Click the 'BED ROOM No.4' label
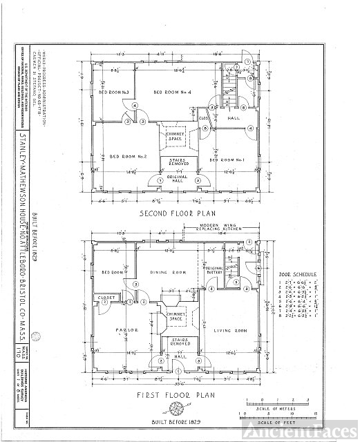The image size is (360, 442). [172, 93]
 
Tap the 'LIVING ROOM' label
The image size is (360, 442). [230, 331]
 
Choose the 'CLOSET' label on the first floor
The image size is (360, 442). [107, 298]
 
